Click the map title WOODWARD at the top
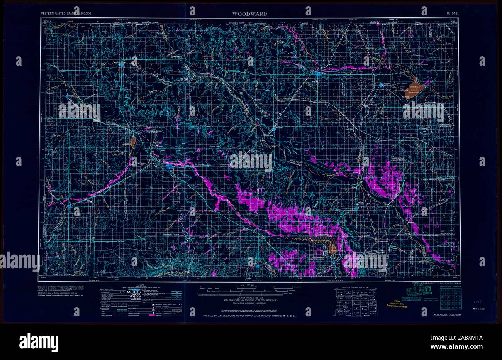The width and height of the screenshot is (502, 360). (x=249, y=14)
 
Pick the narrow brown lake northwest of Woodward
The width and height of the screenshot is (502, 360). (x=133, y=142)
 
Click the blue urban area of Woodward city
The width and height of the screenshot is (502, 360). (x=170, y=166)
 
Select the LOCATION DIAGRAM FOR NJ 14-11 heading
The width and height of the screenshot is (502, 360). (x=354, y=287)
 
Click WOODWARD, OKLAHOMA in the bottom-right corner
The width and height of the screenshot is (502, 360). (x=447, y=315)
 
